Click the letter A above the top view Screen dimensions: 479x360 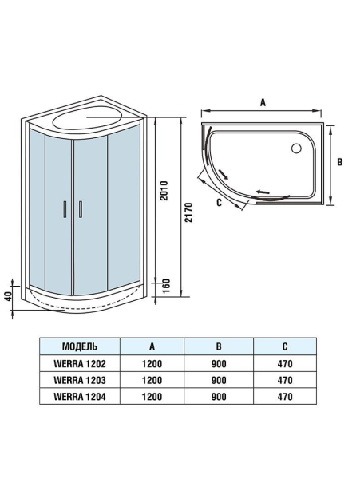pos(262,102)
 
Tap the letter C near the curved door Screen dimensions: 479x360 pos(219,203)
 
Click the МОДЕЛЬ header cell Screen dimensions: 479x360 pos(80,346)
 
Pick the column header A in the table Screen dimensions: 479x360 pos(152,346)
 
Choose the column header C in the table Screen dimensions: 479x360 pos(286,346)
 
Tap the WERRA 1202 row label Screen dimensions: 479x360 pos(80,363)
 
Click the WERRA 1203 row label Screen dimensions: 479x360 pos(80,379)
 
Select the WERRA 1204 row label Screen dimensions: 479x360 pos(80,395)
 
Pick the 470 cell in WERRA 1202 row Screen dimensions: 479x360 pos(286,363)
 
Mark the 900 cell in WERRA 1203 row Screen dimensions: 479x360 pos(219,379)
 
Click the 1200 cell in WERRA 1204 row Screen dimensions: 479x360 pos(152,395)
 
